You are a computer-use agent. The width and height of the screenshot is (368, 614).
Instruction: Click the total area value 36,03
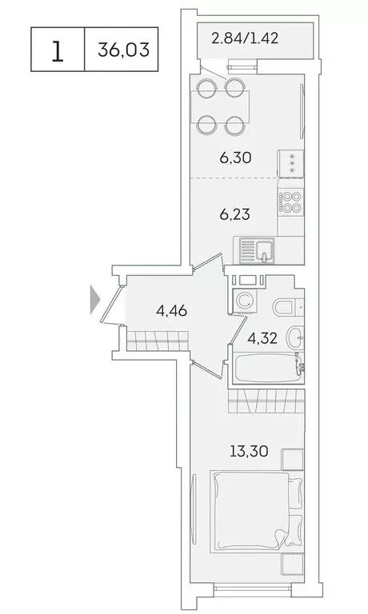tap(119, 50)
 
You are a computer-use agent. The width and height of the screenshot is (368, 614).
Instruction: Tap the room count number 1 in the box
tap(57, 50)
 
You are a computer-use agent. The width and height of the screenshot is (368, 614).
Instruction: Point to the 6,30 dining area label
tap(236, 157)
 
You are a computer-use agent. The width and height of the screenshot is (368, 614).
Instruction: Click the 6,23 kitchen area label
tap(236, 213)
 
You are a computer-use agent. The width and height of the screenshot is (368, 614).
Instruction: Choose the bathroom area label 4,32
tap(263, 337)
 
